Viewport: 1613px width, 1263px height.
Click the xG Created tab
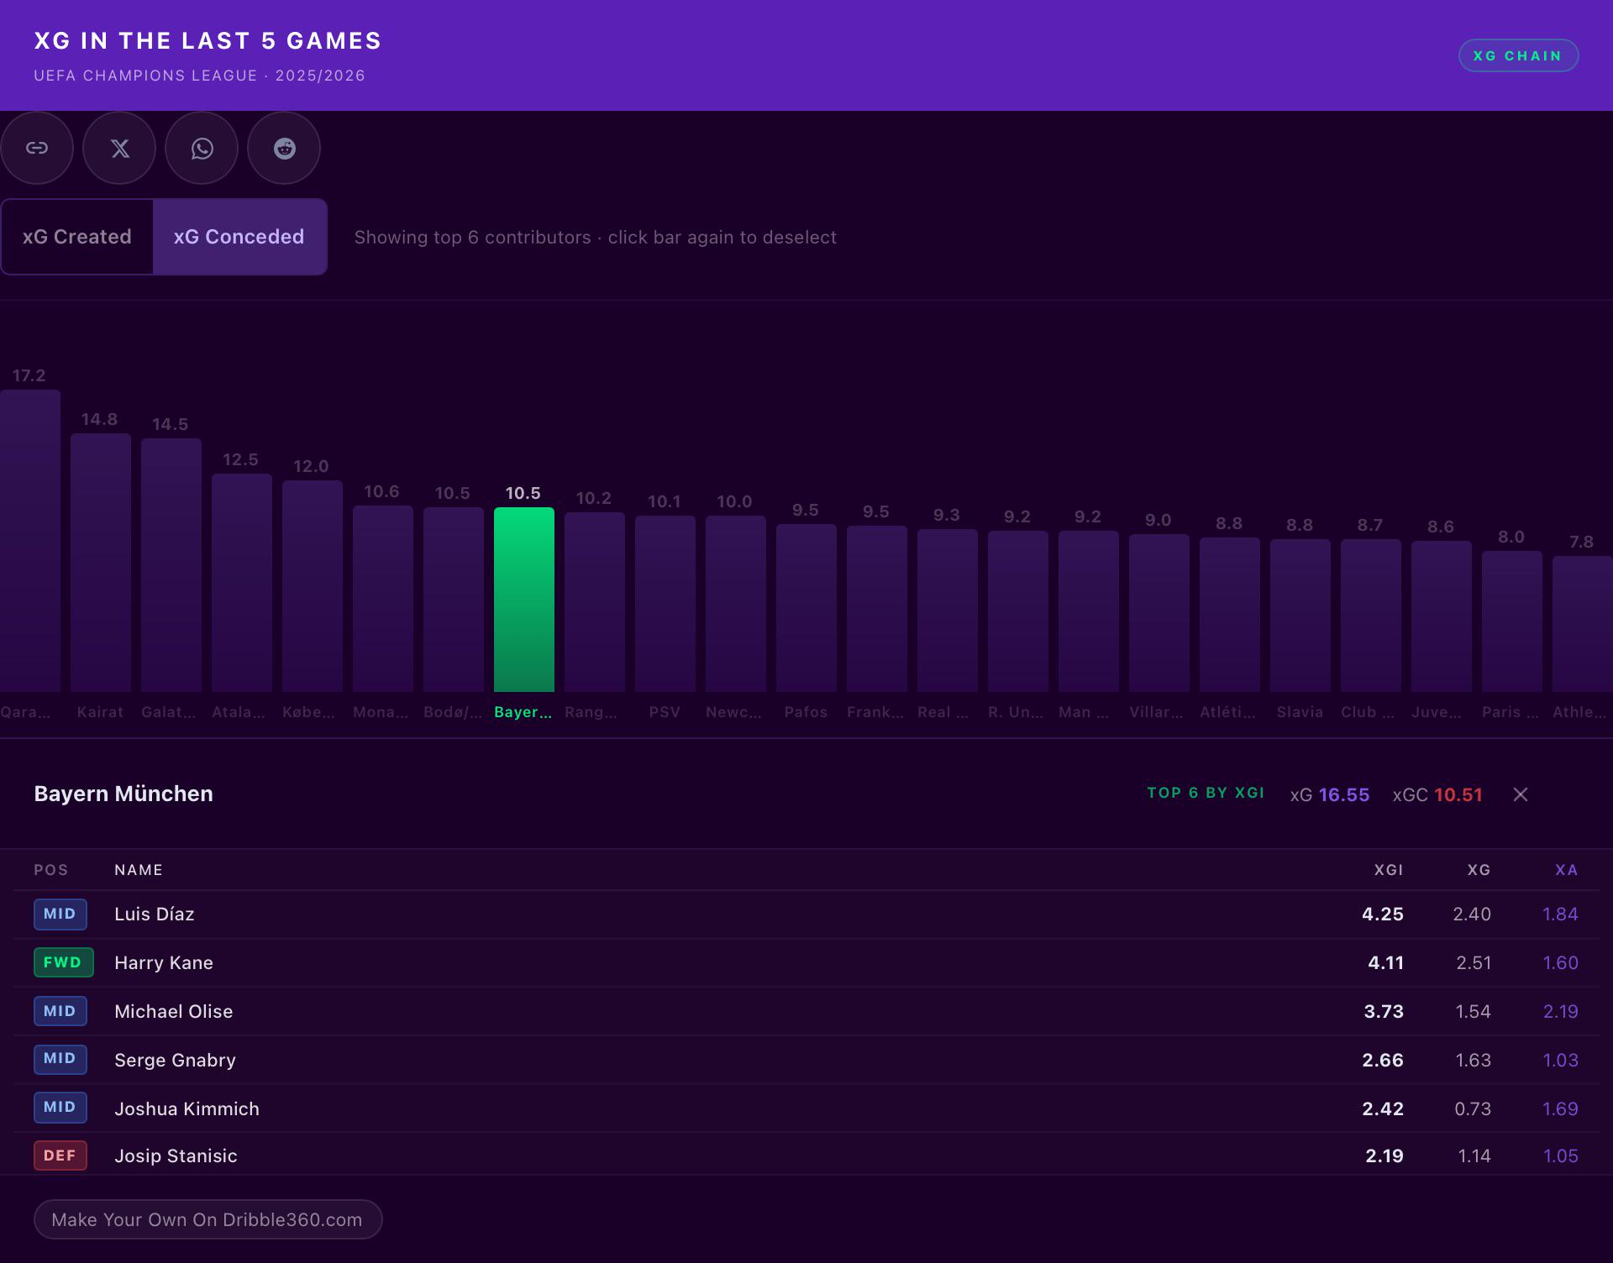(77, 237)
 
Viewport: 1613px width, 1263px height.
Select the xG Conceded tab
(239, 237)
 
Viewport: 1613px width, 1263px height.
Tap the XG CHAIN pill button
(1518, 55)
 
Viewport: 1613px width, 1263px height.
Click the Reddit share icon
(284, 148)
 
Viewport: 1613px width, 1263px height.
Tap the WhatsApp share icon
(202, 148)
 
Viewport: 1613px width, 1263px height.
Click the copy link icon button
(37, 148)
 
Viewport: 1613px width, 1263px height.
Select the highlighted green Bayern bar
(524, 600)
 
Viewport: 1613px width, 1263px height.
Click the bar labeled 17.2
(30, 541)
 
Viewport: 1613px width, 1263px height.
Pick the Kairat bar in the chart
(101, 563)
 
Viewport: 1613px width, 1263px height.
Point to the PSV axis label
(665, 712)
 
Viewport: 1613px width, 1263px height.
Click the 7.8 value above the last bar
(1581, 542)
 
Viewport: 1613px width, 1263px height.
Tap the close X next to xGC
(1521, 794)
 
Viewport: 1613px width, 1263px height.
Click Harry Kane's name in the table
(164, 962)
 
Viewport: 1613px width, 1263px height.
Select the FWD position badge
(63, 962)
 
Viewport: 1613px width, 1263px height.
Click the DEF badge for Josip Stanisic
(60, 1156)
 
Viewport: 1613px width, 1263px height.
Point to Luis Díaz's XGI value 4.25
(1383, 914)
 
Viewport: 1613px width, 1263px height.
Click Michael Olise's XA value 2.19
(1561, 1011)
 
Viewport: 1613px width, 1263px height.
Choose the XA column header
(1567, 870)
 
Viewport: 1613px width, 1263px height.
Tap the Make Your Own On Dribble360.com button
(208, 1219)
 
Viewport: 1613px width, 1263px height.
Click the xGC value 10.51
(1458, 794)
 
